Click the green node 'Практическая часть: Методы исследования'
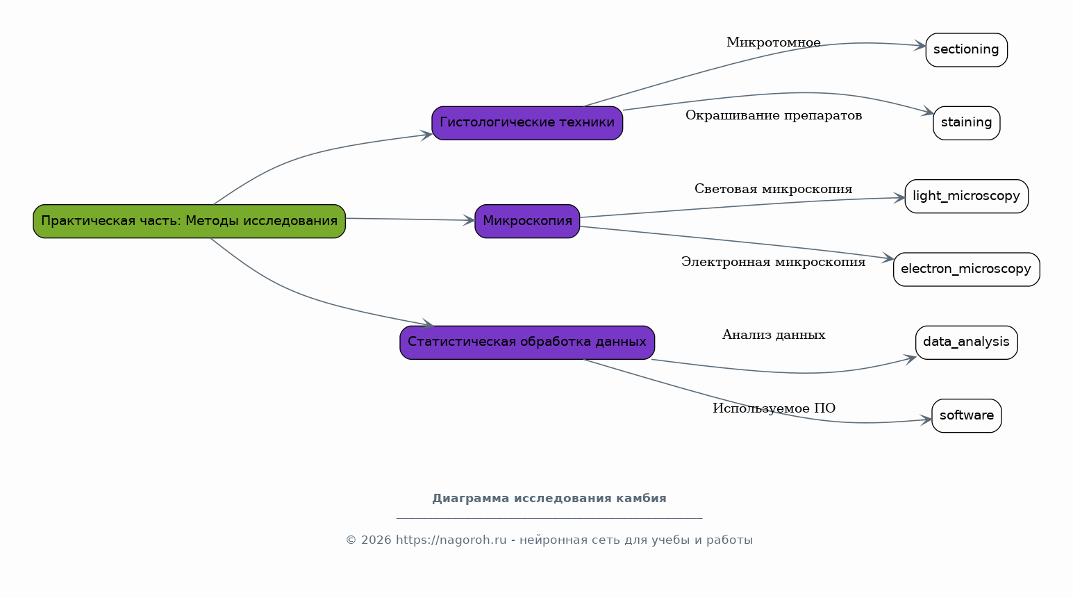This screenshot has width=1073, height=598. (x=189, y=221)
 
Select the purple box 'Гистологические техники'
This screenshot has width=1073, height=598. (x=527, y=123)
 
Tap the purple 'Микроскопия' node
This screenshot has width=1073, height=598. (x=527, y=221)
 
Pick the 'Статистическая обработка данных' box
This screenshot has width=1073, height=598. (x=527, y=342)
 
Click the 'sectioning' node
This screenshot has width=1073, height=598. (x=966, y=50)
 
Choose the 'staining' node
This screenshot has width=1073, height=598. (x=966, y=123)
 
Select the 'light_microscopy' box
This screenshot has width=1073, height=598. (x=966, y=196)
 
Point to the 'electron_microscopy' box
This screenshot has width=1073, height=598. (x=966, y=269)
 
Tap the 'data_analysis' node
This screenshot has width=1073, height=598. (x=966, y=342)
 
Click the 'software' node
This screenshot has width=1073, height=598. (x=966, y=415)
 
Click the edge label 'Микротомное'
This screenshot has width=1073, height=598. (x=773, y=42)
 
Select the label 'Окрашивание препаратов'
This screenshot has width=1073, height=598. (x=773, y=115)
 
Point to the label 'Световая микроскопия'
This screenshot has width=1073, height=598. (x=773, y=189)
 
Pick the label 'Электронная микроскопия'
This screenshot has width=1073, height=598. (x=773, y=262)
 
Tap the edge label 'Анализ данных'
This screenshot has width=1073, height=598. (x=773, y=335)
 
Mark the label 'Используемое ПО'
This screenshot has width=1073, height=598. (x=773, y=408)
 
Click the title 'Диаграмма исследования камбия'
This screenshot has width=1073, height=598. (x=549, y=499)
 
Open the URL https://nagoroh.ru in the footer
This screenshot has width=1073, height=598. (x=451, y=540)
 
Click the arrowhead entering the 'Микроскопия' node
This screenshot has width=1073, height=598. (x=469, y=220)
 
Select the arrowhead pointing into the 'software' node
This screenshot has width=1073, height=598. (x=926, y=420)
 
